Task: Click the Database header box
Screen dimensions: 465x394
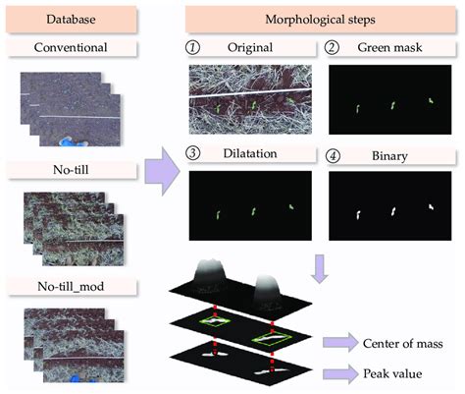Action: pos(71,19)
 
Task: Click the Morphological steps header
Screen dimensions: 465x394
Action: pos(320,19)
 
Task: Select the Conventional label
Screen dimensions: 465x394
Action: pos(71,47)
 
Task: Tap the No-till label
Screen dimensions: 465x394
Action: pos(71,170)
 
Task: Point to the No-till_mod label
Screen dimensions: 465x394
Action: pos(71,286)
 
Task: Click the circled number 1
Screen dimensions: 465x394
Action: pos(192,47)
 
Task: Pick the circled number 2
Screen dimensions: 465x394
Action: pos(332,47)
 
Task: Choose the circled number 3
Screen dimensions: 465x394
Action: pos(192,153)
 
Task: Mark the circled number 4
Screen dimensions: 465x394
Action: pos(333,156)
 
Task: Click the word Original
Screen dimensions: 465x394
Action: pos(250,47)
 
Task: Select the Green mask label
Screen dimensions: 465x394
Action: pos(389,47)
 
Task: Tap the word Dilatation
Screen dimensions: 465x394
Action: pos(250,153)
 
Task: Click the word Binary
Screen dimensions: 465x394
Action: pos(389,156)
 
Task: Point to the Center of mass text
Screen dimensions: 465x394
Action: pos(403,344)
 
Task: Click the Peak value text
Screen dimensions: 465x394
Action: pos(392,373)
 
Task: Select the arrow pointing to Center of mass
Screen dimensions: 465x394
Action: pos(340,343)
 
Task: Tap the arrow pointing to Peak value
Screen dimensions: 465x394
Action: pos(340,373)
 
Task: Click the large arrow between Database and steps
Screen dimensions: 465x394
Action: pos(162,171)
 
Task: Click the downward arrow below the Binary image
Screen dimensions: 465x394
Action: pos(320,268)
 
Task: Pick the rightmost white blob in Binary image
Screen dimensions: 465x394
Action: pos(432,206)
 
